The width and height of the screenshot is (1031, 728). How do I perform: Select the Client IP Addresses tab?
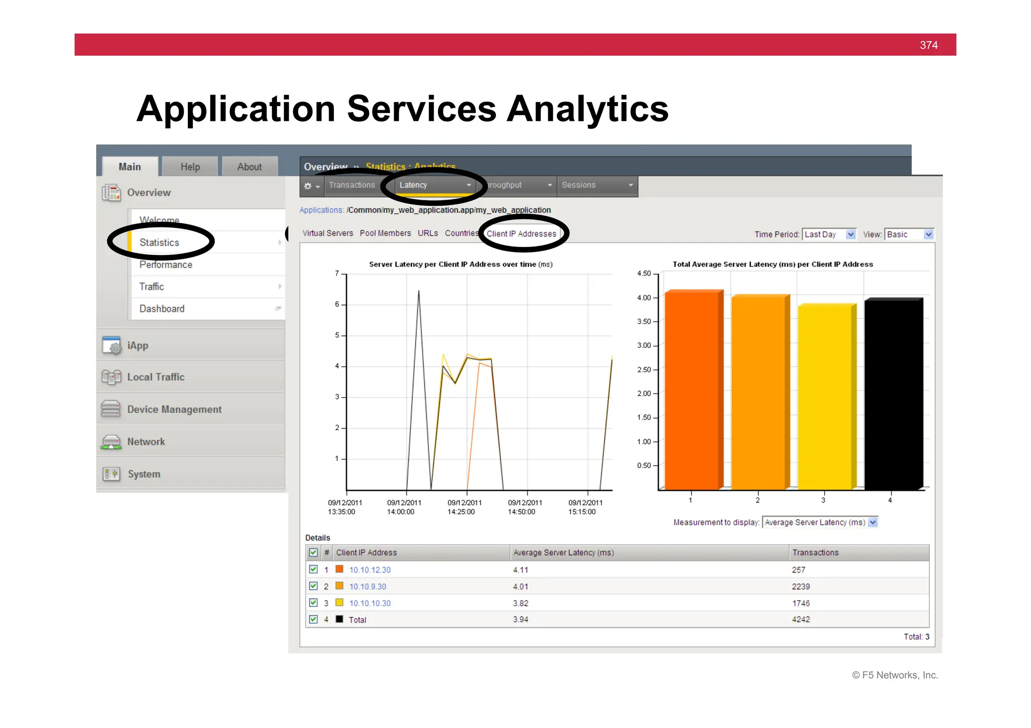(x=521, y=234)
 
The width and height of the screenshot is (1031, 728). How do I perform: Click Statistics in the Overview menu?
(x=159, y=242)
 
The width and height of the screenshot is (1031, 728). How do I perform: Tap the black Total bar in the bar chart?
(x=894, y=394)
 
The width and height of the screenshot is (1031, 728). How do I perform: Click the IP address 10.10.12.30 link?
(x=370, y=570)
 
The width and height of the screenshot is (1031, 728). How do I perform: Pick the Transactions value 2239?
(x=800, y=587)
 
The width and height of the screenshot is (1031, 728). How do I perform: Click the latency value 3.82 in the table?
(x=521, y=603)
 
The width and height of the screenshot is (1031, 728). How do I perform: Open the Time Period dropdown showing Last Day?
(x=829, y=234)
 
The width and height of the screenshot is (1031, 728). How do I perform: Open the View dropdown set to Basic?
(x=909, y=234)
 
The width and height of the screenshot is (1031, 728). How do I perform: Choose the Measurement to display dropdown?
(x=820, y=523)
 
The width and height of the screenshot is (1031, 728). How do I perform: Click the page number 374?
(x=928, y=45)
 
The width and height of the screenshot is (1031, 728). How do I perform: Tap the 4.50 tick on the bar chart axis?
(x=644, y=274)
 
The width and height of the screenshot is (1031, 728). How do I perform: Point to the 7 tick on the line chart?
(x=337, y=274)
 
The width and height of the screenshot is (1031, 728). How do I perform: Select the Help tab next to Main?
(x=190, y=167)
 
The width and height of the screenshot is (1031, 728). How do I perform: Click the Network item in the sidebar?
(x=146, y=442)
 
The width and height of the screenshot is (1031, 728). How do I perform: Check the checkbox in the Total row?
(x=313, y=619)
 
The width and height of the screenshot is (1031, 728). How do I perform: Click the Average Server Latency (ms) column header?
(x=563, y=553)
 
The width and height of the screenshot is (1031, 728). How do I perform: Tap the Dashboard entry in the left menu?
(x=162, y=309)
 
